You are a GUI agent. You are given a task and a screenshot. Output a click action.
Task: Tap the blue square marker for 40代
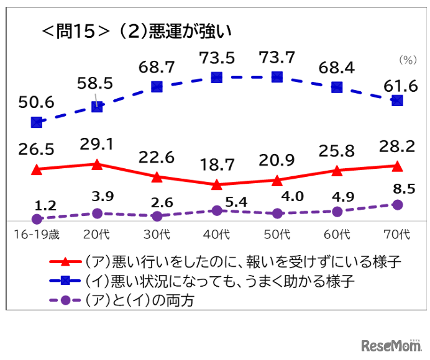click(217, 78)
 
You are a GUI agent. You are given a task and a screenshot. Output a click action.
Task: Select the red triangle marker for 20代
click(97, 164)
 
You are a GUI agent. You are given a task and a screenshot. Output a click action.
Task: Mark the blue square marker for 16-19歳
click(37, 123)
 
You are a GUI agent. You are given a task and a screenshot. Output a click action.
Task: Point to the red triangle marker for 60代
click(337, 171)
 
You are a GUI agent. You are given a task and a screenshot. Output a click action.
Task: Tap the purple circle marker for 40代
click(217, 211)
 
